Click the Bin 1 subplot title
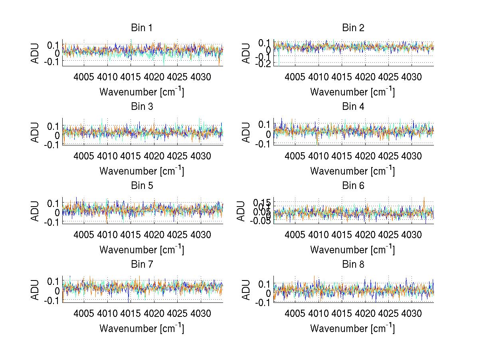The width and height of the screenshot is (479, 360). click(x=142, y=28)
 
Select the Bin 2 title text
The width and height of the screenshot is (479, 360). click(x=353, y=28)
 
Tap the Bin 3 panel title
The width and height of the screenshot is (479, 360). click(x=142, y=107)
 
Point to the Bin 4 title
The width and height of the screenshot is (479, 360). click(x=353, y=107)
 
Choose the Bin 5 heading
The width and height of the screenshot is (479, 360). click(x=142, y=185)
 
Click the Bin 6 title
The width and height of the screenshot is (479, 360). click(x=353, y=185)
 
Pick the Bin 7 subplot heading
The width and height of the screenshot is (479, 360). click(x=142, y=264)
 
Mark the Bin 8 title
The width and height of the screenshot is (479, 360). click(x=353, y=264)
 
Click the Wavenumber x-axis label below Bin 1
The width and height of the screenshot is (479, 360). click(x=142, y=92)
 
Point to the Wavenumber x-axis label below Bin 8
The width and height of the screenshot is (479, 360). click(x=352, y=328)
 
